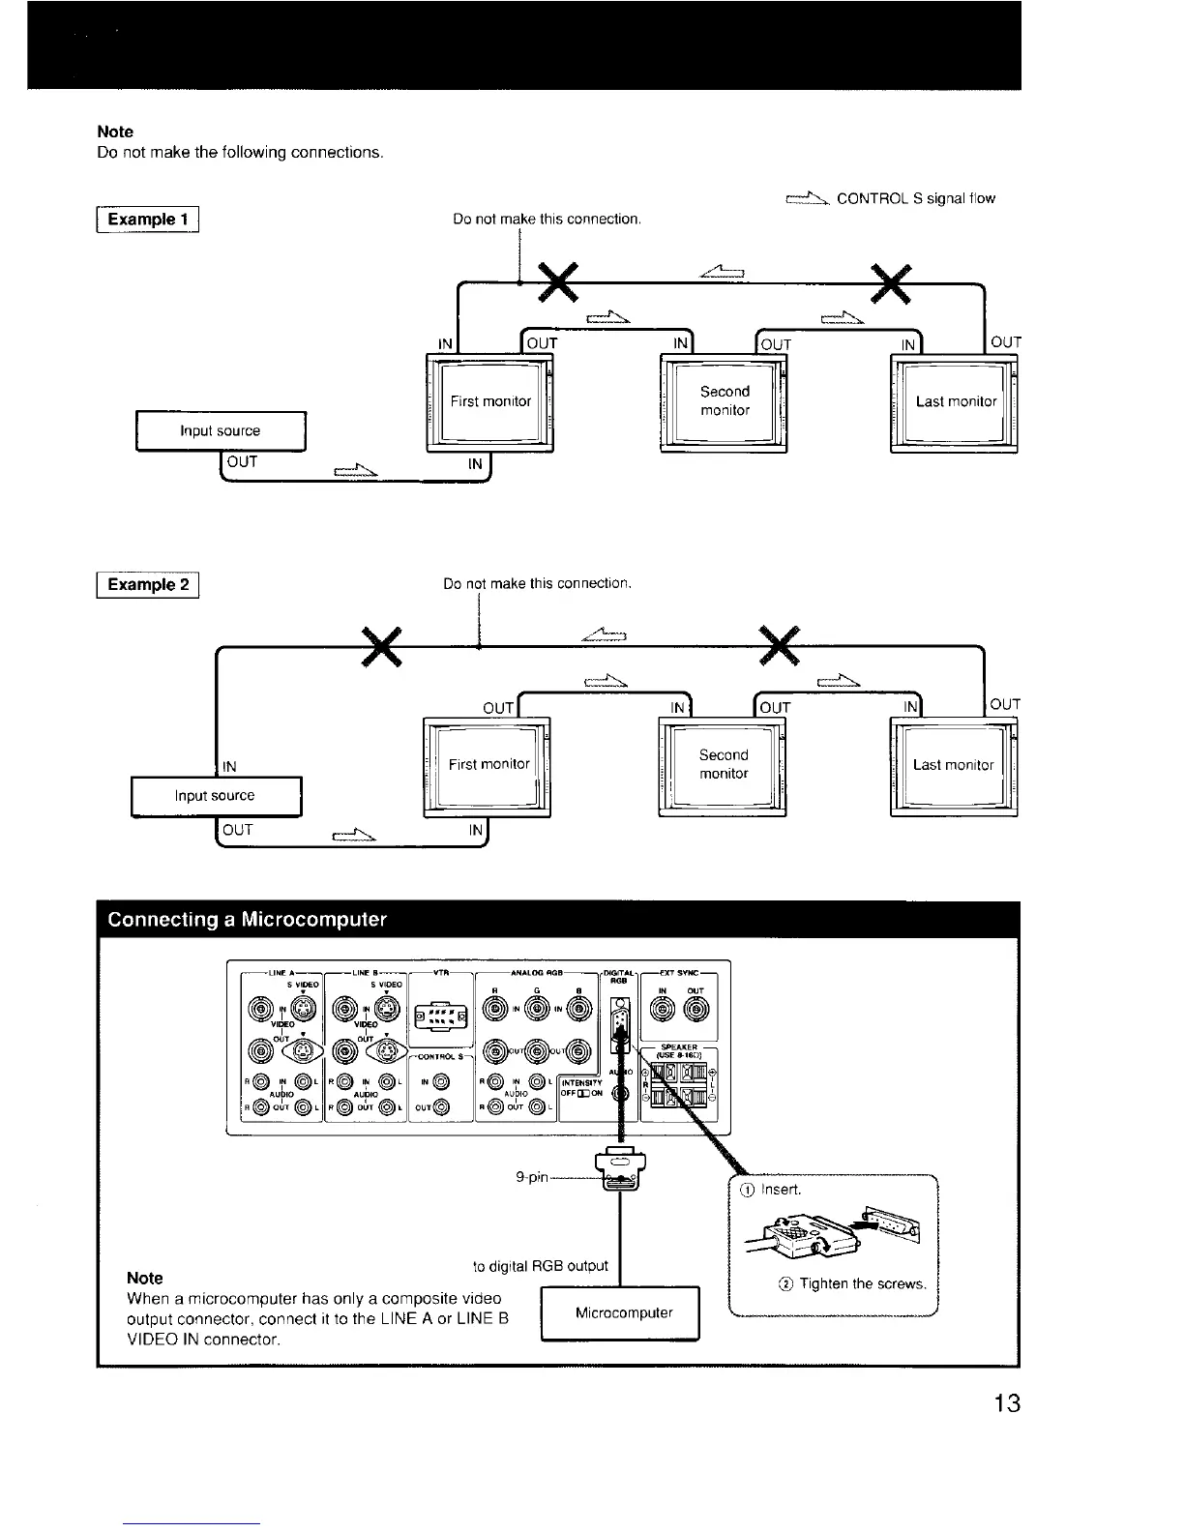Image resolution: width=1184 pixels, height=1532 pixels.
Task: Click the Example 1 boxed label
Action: [148, 220]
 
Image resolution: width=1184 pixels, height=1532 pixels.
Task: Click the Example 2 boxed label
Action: [148, 584]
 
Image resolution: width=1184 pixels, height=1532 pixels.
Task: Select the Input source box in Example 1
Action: [221, 431]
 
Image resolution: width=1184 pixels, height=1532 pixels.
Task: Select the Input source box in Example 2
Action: [215, 796]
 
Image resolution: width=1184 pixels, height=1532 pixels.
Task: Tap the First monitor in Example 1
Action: [490, 401]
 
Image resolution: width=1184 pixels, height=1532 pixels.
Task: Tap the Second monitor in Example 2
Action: [724, 764]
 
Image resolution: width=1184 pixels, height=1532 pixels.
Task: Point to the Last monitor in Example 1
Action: [956, 401]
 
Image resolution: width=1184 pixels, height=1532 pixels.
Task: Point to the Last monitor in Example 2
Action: [953, 765]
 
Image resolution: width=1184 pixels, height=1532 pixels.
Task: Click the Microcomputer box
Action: [623, 1312]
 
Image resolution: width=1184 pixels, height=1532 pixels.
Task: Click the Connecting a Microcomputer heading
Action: [248, 919]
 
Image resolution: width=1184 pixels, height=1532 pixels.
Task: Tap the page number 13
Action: [1006, 1403]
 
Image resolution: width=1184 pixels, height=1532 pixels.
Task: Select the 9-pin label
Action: [532, 1177]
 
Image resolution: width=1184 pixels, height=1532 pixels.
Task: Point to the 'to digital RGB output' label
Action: [540, 1266]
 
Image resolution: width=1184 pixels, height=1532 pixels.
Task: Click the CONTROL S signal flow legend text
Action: [915, 198]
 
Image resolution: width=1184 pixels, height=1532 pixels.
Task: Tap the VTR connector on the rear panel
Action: [440, 1015]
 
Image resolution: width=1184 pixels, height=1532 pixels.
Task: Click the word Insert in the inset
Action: [782, 1189]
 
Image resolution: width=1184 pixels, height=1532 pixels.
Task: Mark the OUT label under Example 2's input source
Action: [237, 830]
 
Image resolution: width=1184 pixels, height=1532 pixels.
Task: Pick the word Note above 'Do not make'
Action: [115, 132]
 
